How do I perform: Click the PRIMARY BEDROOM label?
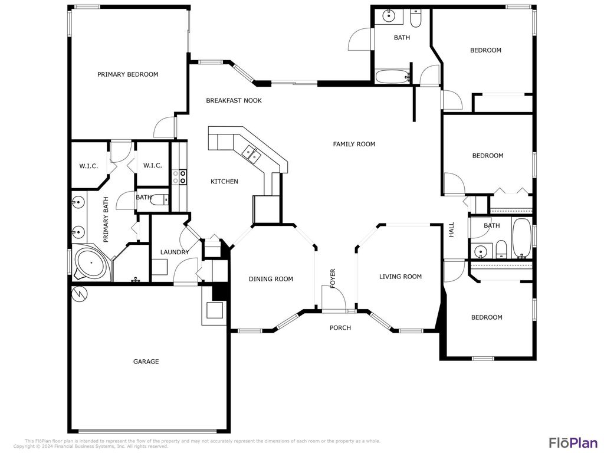coord(128,74)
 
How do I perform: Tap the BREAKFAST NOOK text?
coord(234,101)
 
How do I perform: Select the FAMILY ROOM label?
coord(354,144)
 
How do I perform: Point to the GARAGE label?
coord(146,362)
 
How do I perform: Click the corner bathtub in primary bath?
coord(91,264)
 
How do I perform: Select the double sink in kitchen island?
coord(252,155)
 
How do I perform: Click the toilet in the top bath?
coord(416,19)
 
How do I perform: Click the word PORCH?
coord(340,328)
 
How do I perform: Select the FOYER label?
coord(333,278)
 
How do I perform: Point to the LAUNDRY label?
coord(175,252)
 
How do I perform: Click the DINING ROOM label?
coord(271,279)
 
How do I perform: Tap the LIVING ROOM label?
coord(401,276)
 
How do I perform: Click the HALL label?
coord(452,230)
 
